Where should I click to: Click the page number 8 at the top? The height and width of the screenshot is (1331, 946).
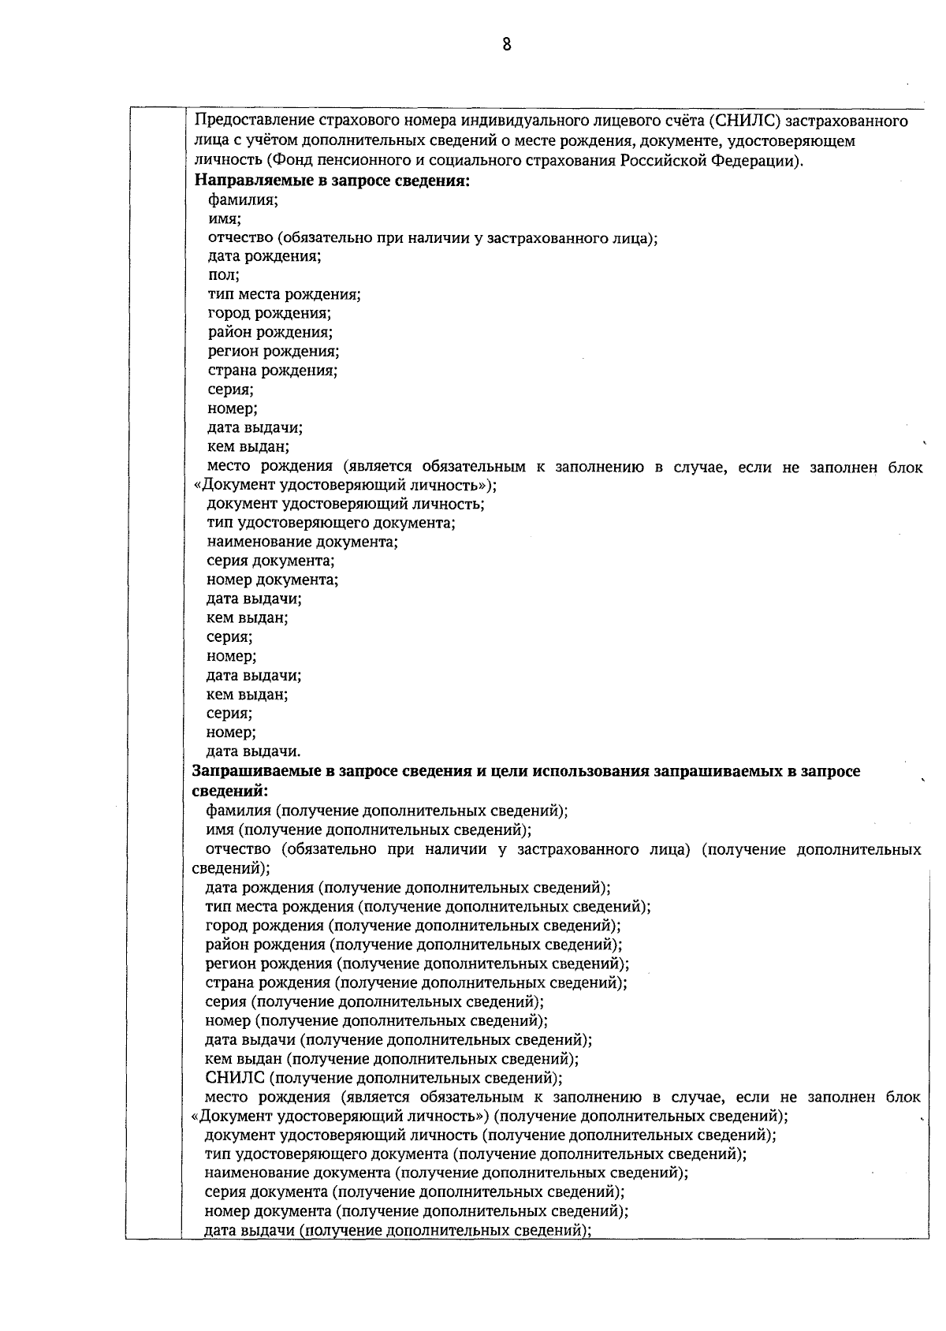[x=507, y=45]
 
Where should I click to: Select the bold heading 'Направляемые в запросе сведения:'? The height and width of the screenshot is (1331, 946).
[x=332, y=181]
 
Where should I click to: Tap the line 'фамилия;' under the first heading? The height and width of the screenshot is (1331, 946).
[x=243, y=199]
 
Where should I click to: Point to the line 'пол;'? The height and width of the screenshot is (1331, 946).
[x=224, y=275]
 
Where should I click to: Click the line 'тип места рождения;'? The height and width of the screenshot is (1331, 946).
[x=284, y=295]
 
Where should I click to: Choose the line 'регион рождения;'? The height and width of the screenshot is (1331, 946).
[x=274, y=352]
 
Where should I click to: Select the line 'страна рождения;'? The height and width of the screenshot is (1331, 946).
[x=273, y=371]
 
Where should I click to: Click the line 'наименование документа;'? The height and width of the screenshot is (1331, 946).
[x=302, y=542]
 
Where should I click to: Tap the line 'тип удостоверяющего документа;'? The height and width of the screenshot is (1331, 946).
[x=331, y=523]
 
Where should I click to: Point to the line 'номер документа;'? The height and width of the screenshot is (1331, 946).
[x=272, y=580]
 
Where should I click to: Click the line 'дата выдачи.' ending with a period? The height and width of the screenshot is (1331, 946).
[x=253, y=751]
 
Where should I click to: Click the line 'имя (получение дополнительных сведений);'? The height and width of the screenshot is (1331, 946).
[x=368, y=830]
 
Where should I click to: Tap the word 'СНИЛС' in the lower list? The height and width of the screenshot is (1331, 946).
[x=234, y=1078]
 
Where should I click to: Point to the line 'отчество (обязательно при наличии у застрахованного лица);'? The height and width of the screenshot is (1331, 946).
[x=432, y=237]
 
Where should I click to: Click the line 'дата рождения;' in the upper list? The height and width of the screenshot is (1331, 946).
[x=264, y=256]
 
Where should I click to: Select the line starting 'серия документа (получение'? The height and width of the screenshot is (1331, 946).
[x=414, y=1191]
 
